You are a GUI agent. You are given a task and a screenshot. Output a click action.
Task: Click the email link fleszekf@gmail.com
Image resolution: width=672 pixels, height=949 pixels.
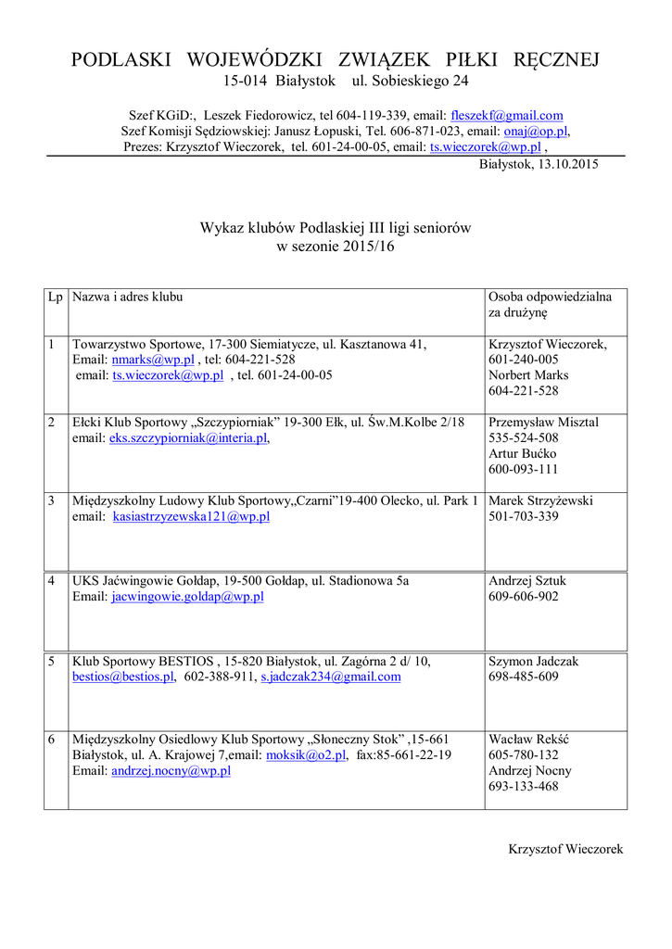(506, 116)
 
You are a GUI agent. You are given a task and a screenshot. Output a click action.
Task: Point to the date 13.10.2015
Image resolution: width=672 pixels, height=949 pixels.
(564, 164)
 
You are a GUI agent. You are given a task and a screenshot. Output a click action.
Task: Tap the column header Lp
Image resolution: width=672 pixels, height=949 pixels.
(56, 297)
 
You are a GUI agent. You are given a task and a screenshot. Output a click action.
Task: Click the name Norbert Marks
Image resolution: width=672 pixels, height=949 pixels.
(528, 375)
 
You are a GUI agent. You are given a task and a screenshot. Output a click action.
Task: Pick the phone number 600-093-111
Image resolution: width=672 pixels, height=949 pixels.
(523, 469)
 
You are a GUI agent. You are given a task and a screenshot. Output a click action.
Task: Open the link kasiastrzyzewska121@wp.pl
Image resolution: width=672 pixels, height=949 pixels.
(191, 516)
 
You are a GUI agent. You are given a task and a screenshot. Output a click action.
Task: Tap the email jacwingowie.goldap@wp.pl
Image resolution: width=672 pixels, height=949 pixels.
(187, 597)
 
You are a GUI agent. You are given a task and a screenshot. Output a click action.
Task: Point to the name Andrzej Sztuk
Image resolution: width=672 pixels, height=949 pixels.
(526, 581)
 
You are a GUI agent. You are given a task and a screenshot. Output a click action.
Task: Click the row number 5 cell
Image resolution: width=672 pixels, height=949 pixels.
(56, 662)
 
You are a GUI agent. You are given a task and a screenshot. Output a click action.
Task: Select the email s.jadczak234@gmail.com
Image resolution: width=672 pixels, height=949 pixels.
(330, 677)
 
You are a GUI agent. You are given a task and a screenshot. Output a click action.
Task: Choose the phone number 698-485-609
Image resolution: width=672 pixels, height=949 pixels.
(523, 677)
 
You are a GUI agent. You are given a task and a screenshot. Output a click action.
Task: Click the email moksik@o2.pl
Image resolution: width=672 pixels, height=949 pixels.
(306, 755)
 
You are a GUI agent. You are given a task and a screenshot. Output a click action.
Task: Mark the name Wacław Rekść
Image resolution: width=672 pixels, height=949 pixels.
(528, 740)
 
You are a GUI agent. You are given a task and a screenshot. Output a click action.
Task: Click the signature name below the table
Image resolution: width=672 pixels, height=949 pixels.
(565, 849)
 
